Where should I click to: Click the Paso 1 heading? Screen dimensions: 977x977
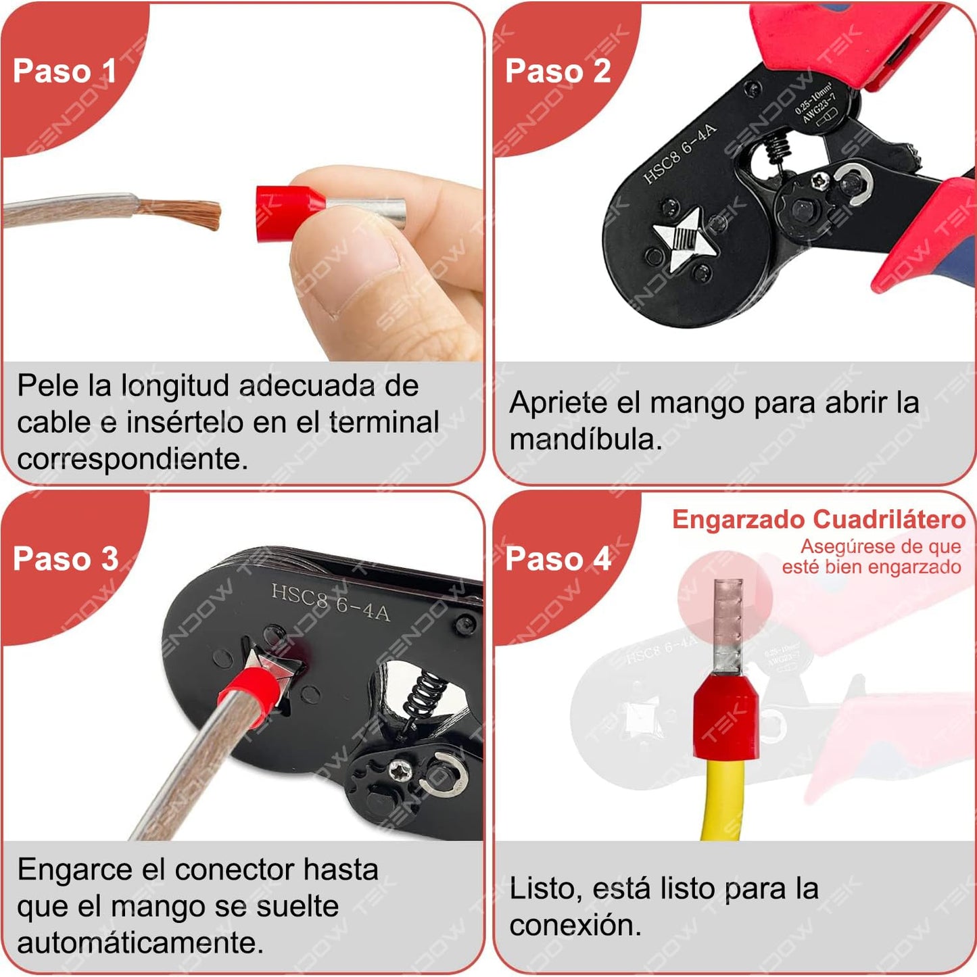64,71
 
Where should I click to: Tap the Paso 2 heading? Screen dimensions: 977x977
557,71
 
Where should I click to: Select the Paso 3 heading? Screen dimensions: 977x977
66,559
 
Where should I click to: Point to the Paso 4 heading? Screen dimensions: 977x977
558,559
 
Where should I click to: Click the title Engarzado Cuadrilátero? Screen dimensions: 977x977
818,519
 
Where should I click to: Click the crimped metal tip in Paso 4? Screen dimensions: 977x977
728,619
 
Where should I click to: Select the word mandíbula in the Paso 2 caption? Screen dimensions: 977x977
586,439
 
